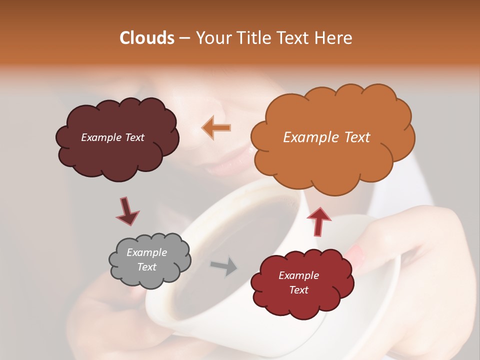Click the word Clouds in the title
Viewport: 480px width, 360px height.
[x=147, y=38]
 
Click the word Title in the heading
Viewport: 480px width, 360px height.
[x=251, y=38]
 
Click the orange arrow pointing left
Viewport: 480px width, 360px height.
[x=216, y=127]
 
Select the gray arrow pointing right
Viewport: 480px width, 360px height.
[x=224, y=266]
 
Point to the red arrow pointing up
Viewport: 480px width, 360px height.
[x=319, y=221]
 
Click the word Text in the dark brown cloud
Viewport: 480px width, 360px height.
[x=134, y=137]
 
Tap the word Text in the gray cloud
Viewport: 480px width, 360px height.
[x=146, y=267]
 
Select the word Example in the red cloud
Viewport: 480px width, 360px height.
[x=298, y=275]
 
